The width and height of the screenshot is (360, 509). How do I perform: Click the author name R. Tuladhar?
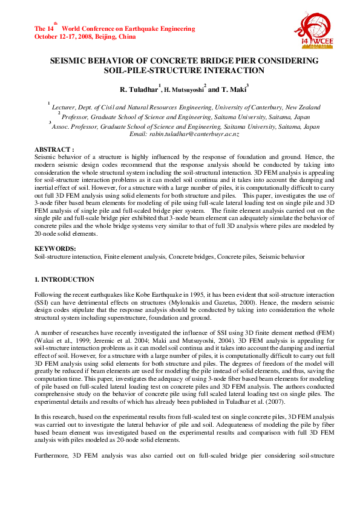pyautogui.click(x=137, y=89)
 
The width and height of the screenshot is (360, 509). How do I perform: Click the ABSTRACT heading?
pyautogui.click(x=54, y=148)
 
